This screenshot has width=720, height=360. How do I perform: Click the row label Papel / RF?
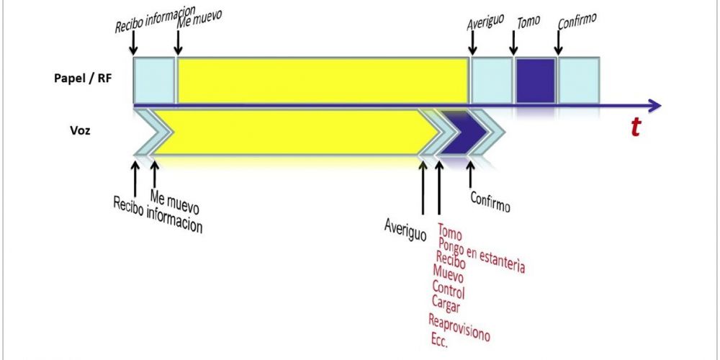coord(85,80)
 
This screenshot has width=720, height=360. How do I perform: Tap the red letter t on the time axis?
coord(635,127)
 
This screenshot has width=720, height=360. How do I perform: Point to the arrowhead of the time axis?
coord(654,106)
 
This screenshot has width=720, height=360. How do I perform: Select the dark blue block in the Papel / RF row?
coord(536,81)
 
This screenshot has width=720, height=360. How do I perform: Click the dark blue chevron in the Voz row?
coord(463,134)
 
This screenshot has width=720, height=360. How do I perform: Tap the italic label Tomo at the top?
coord(528,23)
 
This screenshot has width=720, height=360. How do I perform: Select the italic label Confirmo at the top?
coord(577,22)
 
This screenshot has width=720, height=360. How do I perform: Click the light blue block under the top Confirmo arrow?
coord(578,81)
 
